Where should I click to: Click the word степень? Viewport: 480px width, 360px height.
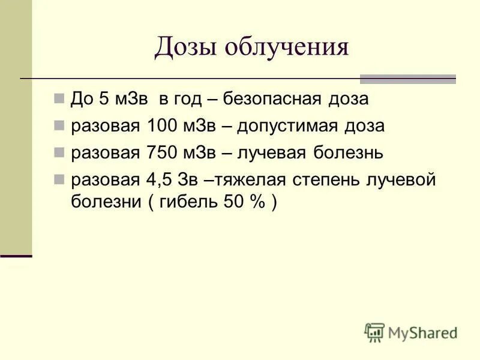point(340,180)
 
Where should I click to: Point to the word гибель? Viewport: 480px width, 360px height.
point(182,202)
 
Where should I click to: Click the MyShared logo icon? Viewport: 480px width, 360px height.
point(374,332)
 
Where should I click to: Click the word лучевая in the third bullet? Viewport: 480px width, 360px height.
point(272,153)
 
